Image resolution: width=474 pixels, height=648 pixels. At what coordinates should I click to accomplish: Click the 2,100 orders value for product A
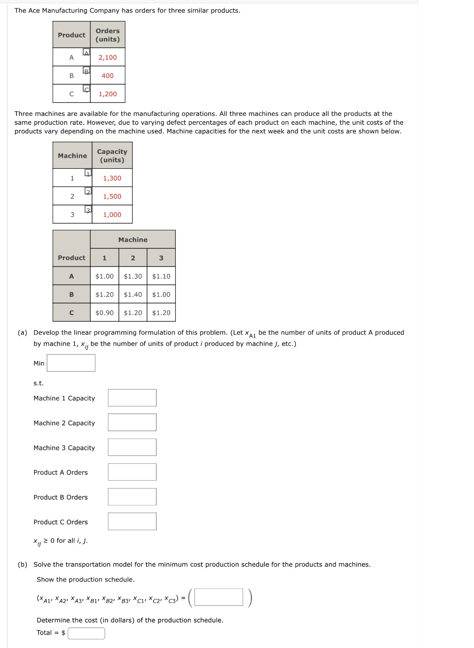[108, 58]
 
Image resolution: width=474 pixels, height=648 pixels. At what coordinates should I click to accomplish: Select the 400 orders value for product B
[108, 76]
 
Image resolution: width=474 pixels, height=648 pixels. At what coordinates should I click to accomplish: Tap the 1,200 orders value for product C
[108, 94]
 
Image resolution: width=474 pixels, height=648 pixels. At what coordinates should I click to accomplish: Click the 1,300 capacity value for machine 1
[112, 178]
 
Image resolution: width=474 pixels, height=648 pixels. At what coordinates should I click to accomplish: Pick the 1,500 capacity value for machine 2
[112, 196]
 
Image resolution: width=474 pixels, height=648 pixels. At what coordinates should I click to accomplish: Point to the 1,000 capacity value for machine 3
[112, 215]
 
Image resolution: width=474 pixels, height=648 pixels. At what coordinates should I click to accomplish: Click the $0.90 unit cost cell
[104, 313]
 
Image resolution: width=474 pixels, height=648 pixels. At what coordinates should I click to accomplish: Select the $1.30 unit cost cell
[133, 276]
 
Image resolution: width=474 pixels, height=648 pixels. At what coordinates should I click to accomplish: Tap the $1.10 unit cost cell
[161, 276]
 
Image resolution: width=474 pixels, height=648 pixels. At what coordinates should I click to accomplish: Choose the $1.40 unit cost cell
[133, 295]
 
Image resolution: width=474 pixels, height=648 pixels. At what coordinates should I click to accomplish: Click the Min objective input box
[71, 363]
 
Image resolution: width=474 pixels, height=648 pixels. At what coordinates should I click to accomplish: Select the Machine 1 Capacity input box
[132, 398]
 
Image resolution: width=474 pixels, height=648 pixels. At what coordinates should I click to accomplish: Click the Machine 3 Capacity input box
[132, 447]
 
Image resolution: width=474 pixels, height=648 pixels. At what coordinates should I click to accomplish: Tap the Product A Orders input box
[132, 472]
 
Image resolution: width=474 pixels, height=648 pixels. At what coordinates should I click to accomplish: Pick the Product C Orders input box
[132, 522]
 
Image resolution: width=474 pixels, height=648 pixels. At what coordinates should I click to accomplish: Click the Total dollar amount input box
[86, 633]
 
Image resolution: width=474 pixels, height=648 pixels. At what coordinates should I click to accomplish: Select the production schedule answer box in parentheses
[219, 598]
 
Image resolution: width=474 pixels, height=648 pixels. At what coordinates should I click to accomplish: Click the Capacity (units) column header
[112, 156]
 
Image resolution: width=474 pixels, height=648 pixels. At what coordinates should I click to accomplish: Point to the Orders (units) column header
[108, 35]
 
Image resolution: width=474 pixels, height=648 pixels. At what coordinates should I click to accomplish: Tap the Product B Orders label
[61, 497]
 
